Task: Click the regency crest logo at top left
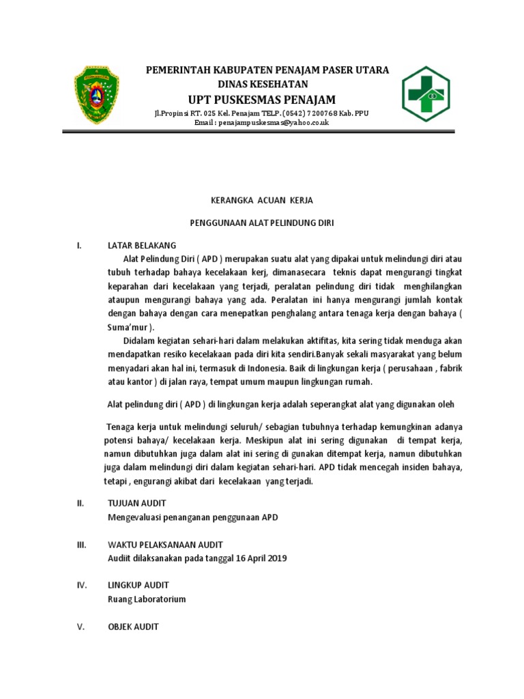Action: click(96, 94)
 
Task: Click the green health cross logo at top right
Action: click(426, 94)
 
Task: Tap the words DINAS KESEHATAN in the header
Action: click(263, 84)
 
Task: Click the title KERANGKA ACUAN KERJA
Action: click(261, 200)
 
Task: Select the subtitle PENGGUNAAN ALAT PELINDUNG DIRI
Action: click(261, 223)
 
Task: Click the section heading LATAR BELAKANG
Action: click(142, 245)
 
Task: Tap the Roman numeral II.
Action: click(80, 503)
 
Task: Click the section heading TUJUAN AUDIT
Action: click(137, 503)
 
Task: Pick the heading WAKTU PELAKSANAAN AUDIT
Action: click(165, 544)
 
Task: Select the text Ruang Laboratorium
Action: click(147, 599)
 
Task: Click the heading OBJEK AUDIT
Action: click(134, 626)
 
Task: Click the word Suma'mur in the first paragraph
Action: click(128, 327)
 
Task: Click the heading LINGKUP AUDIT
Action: click(139, 585)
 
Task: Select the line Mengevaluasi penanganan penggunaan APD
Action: click(193, 517)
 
